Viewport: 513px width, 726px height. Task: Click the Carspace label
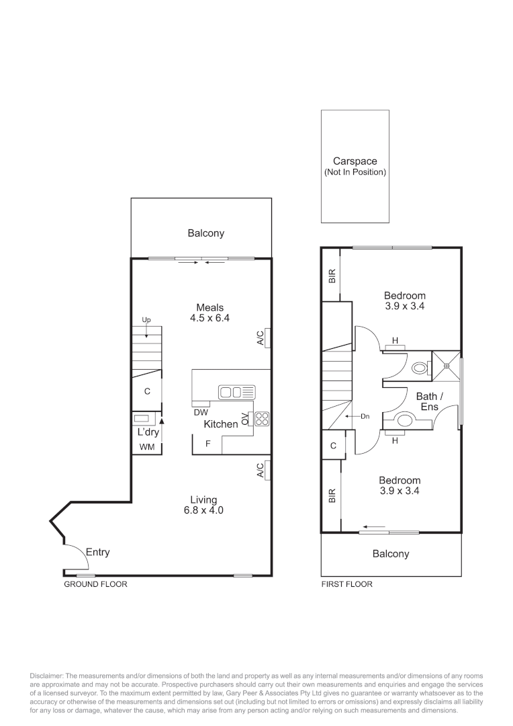(355, 161)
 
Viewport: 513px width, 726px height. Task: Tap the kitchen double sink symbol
(236, 391)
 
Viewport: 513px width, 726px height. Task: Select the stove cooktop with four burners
(262, 419)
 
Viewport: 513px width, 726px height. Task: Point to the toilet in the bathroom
(420, 368)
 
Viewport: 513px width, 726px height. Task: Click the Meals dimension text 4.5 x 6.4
(209, 319)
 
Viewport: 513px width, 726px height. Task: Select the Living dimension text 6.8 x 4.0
(203, 510)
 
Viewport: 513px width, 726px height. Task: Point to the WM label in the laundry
(146, 447)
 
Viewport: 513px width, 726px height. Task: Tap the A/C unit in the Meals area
(267, 337)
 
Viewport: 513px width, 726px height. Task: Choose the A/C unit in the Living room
(267, 471)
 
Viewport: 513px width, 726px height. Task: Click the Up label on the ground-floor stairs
(146, 320)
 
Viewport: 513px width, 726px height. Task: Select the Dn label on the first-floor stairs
(365, 417)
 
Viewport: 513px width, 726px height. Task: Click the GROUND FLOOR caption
(95, 584)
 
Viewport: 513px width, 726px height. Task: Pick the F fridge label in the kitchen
(208, 444)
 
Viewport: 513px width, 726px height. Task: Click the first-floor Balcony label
(391, 554)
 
